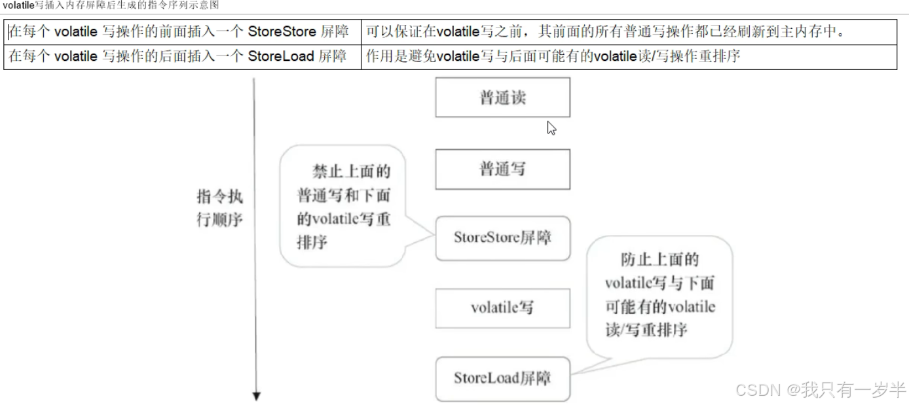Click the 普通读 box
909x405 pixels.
[x=502, y=98]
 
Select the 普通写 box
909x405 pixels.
[x=502, y=169]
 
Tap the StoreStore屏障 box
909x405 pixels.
[x=502, y=238]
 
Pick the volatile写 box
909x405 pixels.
[x=502, y=308]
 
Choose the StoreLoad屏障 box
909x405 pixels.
[x=502, y=378]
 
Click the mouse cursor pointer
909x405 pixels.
[x=551, y=128]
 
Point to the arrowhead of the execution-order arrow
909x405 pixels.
[x=257, y=395]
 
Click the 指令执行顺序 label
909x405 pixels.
[x=219, y=208]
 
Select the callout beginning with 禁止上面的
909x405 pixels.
[x=343, y=206]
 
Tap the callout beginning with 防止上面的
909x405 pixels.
[x=659, y=295]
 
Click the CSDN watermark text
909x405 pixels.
[x=759, y=391]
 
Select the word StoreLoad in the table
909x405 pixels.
[x=281, y=56]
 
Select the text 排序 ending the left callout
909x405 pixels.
[x=312, y=242]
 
